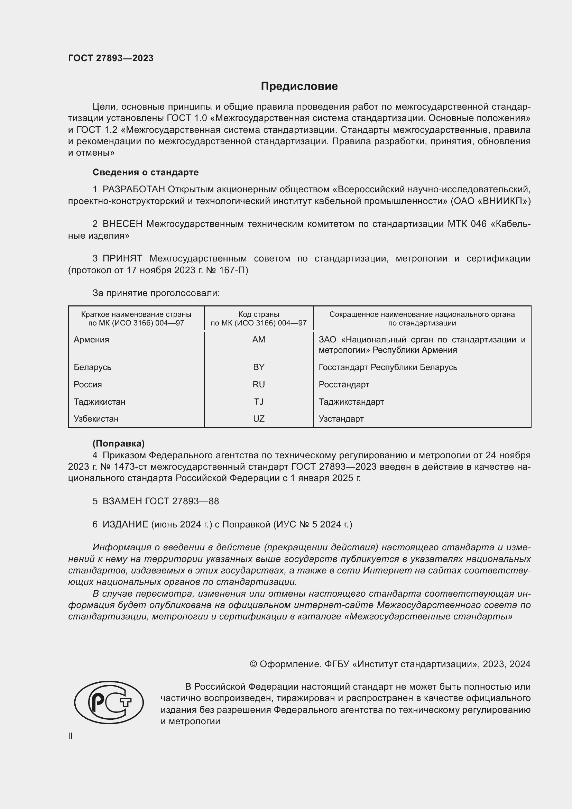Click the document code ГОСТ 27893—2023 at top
[111, 58]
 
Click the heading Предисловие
[299, 86]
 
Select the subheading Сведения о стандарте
[146, 172]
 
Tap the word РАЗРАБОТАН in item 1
[133, 190]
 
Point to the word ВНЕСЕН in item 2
[122, 224]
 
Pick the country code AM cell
[259, 340]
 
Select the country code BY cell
[259, 367]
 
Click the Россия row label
[88, 384]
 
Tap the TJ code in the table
[259, 402]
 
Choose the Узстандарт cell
[341, 419]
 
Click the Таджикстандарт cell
[351, 402]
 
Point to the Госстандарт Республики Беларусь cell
[388, 367]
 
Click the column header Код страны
[259, 314]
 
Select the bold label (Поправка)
[118, 443]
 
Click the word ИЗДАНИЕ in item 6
[126, 525]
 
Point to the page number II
[71, 736]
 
